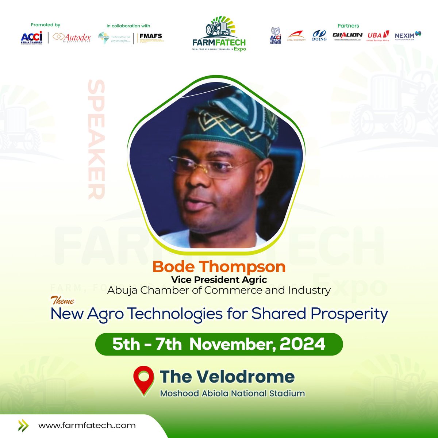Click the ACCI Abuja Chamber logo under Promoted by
click(x=31, y=38)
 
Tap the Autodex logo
click(x=72, y=38)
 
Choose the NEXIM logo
click(x=408, y=35)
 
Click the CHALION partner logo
click(x=347, y=36)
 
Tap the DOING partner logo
click(x=319, y=36)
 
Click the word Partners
click(x=348, y=26)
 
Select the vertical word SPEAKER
click(x=96, y=140)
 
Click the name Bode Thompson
click(x=219, y=267)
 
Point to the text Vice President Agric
click(x=219, y=280)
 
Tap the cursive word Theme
click(x=62, y=301)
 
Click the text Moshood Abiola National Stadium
click(x=232, y=393)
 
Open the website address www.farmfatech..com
click(x=87, y=426)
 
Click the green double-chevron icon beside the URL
click(x=24, y=426)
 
